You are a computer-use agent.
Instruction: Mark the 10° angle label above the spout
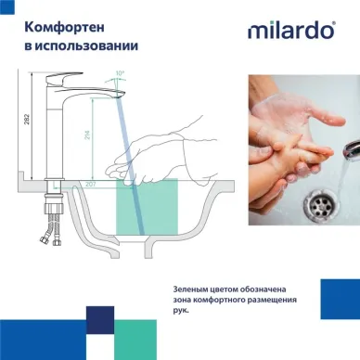118,72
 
